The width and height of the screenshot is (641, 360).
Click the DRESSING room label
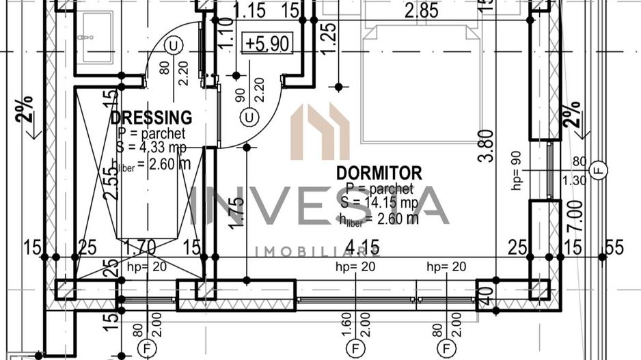click(151, 117)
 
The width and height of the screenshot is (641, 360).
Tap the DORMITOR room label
click(379, 173)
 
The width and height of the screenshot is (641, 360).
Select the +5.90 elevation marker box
click(269, 44)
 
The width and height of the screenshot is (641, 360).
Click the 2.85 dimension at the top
click(421, 11)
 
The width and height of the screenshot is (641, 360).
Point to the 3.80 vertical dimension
click(485, 146)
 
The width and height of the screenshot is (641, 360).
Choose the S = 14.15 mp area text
click(379, 203)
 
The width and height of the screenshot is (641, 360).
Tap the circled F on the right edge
click(599, 169)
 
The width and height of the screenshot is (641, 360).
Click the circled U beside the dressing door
click(175, 46)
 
